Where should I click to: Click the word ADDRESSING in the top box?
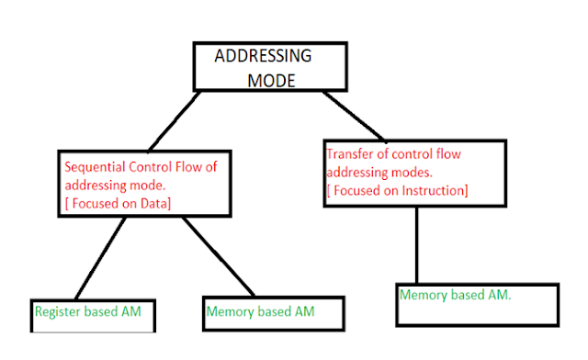coord(263,56)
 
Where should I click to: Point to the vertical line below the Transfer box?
coord(417,243)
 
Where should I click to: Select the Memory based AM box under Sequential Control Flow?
coord(260,313)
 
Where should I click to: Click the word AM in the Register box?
coord(130,311)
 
